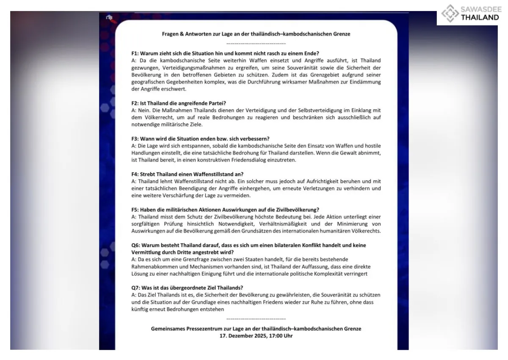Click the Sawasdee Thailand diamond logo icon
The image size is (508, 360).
pyautogui.click(x=449, y=13)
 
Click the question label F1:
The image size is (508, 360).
pyautogui.click(x=135, y=54)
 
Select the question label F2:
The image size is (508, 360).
pyautogui.click(x=135, y=104)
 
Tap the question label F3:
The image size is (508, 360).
pyautogui.click(x=135, y=139)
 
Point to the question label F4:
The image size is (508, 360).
pyautogui.click(x=135, y=174)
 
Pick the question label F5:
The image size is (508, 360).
pyautogui.click(x=135, y=210)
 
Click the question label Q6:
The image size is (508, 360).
pyautogui.click(x=136, y=245)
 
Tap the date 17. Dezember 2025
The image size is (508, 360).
pyautogui.click(x=243, y=335)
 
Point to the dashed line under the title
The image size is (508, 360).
pyautogui.click(x=256, y=44)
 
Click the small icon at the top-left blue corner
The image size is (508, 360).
pyautogui.click(x=108, y=18)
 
